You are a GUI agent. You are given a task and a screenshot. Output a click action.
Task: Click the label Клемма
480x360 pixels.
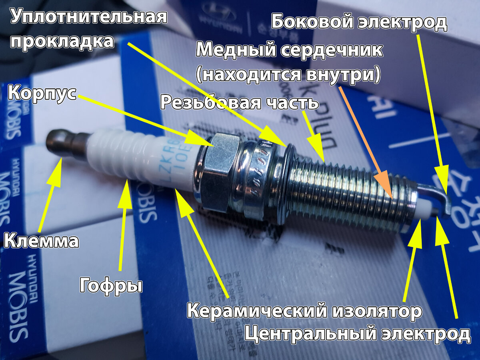tap(41, 241)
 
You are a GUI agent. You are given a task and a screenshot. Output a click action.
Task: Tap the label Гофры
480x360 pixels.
tap(111, 285)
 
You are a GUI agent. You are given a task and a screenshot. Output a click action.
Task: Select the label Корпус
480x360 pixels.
tap(42, 94)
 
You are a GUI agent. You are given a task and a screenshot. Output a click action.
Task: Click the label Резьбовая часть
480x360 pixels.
tap(239, 102)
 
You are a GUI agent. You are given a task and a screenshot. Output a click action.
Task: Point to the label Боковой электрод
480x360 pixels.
tap(359, 22)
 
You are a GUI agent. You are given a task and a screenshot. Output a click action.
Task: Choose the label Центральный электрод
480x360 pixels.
tap(357, 334)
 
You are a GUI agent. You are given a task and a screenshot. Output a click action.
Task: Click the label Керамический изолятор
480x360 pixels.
tap(304, 311)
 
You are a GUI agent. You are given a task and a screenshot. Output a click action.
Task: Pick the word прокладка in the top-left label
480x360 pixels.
tap(62, 41)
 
